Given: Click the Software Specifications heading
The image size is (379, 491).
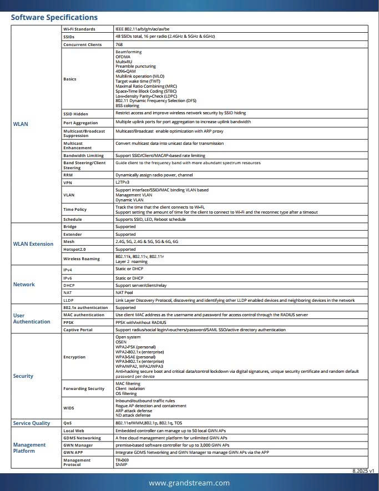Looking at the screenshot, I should pos(54,17).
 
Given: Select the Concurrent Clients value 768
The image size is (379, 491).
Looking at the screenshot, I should pos(119,44).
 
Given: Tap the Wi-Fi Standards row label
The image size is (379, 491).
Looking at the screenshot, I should pos(79,29).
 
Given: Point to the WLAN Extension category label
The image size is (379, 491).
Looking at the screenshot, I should pos(33,244).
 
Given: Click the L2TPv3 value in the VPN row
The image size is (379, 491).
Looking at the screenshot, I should pos(123,182).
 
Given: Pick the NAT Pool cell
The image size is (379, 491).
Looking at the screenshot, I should pos(124,292).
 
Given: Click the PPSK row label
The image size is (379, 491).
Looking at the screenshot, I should pos(69,322).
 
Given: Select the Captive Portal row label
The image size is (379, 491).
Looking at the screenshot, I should pos(78,330).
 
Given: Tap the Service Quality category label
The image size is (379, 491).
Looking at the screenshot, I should pos(32,423).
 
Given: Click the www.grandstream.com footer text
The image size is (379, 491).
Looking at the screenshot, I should pos(189,483).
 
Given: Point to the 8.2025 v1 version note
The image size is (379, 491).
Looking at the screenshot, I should pos(363,470).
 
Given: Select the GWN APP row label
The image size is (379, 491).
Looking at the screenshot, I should pos(73,453).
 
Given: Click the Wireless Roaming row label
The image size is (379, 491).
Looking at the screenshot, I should pos(82,259).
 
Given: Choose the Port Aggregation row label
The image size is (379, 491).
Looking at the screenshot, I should pos(80,123).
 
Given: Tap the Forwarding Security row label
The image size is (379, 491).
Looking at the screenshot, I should pos(84,388).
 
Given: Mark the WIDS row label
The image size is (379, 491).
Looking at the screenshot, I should pos(69,408).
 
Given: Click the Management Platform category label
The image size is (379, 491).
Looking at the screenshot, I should pos(29,448).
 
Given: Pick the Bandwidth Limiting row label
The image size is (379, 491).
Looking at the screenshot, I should pos(83,156).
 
